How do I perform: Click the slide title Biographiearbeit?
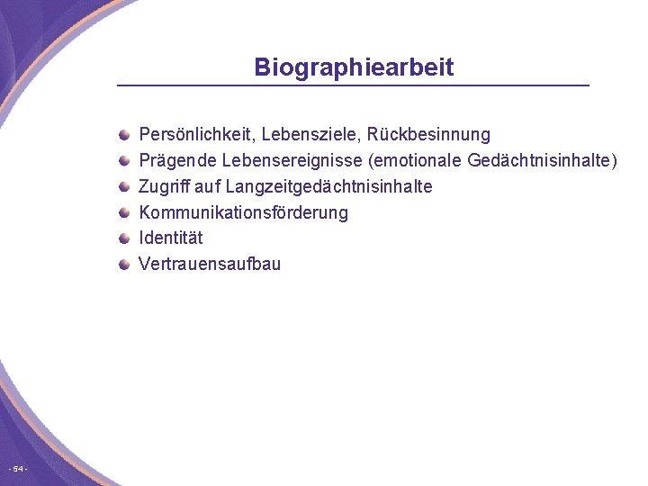(x=354, y=67)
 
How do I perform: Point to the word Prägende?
(x=173, y=161)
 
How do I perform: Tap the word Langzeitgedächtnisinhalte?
(x=328, y=186)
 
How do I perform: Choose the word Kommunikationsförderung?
(x=243, y=212)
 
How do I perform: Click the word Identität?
(x=171, y=238)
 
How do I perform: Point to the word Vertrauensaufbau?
(x=210, y=264)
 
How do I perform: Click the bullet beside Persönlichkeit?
(x=124, y=135)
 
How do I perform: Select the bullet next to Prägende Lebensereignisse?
(x=124, y=161)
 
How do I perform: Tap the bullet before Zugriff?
(x=124, y=186)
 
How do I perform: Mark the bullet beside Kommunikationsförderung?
(x=124, y=212)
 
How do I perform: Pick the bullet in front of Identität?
(x=124, y=238)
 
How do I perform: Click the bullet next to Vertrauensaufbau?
(x=124, y=264)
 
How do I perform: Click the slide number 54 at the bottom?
(x=18, y=469)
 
